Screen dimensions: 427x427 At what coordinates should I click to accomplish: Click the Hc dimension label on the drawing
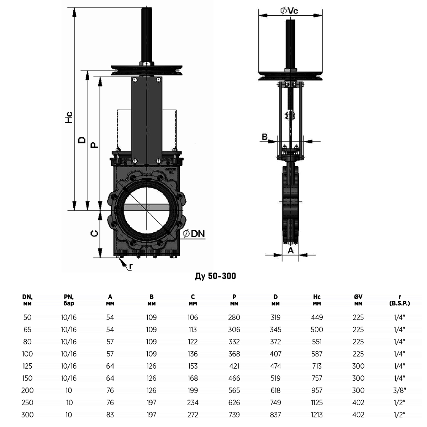[70, 117]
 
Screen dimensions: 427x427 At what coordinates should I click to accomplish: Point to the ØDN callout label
[194, 234]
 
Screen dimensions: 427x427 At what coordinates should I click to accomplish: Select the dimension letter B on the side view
[265, 137]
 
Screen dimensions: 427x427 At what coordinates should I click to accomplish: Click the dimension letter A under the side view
[291, 251]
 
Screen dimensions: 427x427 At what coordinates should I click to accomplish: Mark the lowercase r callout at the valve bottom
[131, 266]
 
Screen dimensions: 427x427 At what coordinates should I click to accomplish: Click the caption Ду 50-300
[215, 276]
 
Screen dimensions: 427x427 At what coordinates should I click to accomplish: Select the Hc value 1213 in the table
[317, 415]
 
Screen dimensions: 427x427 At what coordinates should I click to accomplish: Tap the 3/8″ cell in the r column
[400, 390]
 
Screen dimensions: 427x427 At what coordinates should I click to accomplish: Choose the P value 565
[234, 390]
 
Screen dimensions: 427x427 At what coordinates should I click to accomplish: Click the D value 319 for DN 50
[275, 317]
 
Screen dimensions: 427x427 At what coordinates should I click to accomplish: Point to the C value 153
[193, 366]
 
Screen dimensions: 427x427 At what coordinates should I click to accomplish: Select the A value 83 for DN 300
[110, 415]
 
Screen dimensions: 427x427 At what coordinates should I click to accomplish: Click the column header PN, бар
[69, 300]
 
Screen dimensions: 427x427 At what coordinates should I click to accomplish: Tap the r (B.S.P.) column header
[400, 300]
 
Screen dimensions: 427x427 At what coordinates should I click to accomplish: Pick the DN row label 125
[27, 366]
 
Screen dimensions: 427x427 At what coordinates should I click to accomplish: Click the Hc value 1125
[317, 402]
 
